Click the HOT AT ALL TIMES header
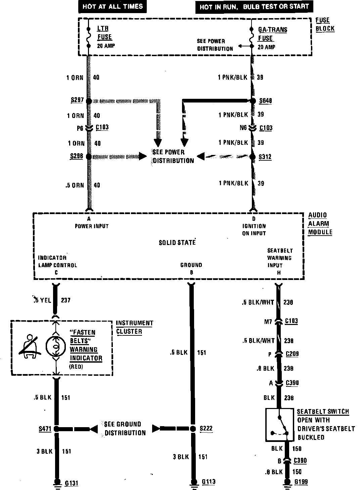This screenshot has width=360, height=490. (x=112, y=6)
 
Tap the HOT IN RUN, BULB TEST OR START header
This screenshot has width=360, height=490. (x=254, y=7)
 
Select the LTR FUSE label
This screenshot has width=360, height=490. (x=104, y=33)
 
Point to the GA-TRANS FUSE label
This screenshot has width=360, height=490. (x=272, y=34)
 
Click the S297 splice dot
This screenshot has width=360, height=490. (x=89, y=101)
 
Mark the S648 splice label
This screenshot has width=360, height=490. (x=266, y=101)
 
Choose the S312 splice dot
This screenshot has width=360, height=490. (x=252, y=157)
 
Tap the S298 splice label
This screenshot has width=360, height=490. (x=77, y=156)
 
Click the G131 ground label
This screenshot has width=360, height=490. (x=71, y=483)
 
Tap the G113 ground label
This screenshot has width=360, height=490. (x=209, y=482)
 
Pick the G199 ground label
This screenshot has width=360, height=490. (x=301, y=482)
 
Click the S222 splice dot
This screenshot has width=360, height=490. (x=192, y=429)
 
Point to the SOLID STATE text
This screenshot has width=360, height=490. (x=177, y=242)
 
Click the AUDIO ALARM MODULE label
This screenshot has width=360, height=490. (x=320, y=223)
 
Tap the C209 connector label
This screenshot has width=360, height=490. (x=292, y=354)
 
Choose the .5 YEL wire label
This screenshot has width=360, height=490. (x=43, y=300)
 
